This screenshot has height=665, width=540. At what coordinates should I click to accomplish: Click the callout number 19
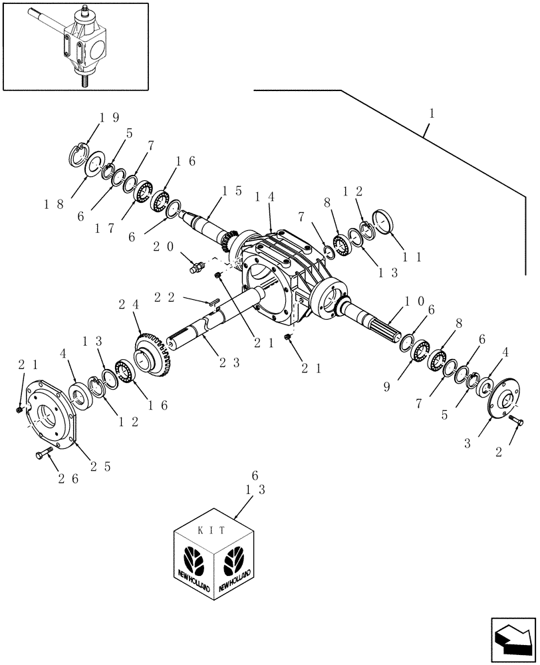click(x=109, y=118)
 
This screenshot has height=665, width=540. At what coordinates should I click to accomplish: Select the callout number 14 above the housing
click(x=264, y=198)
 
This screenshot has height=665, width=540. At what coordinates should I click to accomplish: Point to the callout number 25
click(x=100, y=467)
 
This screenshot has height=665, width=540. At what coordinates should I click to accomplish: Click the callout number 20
click(x=164, y=246)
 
